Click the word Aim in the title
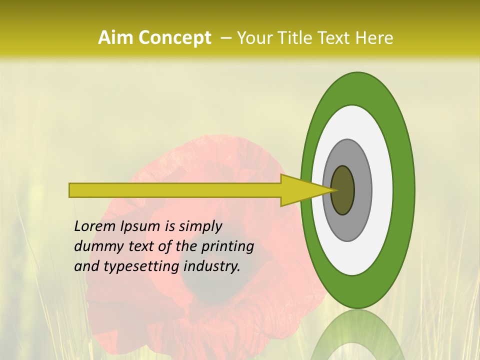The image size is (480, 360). (115, 37)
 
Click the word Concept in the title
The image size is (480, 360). (174, 38)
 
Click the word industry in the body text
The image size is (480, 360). (212, 266)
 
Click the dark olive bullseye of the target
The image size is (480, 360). (343, 190)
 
